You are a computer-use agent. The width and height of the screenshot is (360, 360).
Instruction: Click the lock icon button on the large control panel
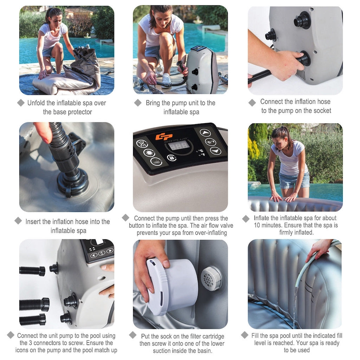[x=171, y=158]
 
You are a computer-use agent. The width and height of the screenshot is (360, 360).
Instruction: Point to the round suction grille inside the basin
[x=211, y=278]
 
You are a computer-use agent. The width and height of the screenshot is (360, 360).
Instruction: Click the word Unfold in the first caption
[x=37, y=103]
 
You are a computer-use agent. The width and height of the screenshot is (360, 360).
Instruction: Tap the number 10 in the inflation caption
[x=258, y=225]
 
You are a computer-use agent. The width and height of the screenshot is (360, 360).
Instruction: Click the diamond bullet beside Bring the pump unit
[x=138, y=103]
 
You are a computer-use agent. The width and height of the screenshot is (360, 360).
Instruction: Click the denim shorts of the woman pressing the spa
[x=294, y=181]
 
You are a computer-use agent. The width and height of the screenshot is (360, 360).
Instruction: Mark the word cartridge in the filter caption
[x=212, y=336]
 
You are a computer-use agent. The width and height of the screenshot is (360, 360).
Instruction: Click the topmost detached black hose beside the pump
[x=32, y=271]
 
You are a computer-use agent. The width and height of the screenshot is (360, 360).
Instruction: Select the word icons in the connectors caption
[x=23, y=350]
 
